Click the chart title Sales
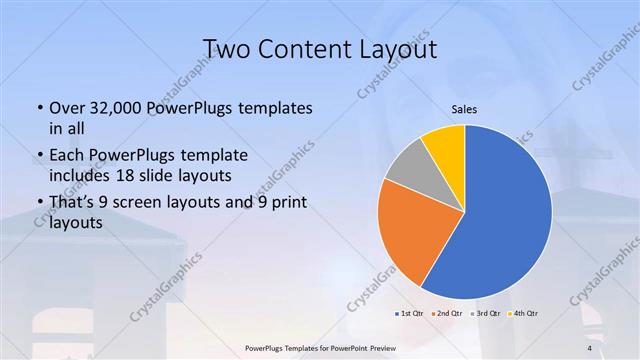click(464, 114)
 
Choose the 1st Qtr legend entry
click(410, 313)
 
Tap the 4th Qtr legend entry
click(526, 313)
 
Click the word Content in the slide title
click(313, 49)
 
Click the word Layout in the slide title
click(399, 49)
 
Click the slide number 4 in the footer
click(590, 347)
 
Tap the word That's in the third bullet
click(71, 203)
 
